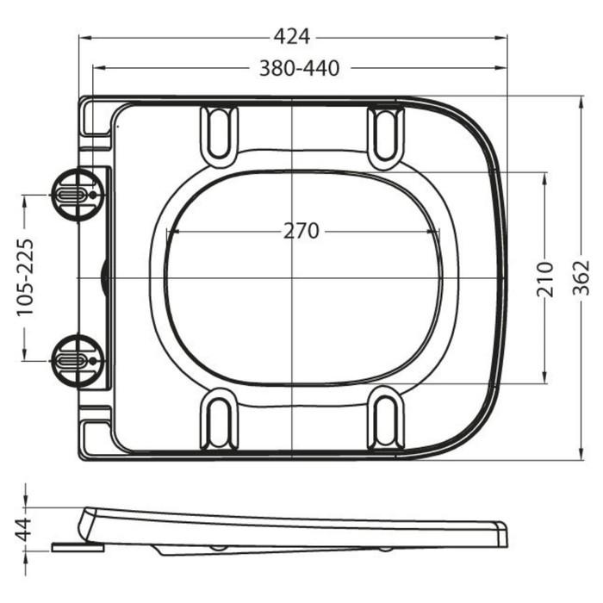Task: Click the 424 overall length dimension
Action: [x=291, y=37]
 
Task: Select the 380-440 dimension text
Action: [x=300, y=68]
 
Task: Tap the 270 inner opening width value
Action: [x=301, y=231]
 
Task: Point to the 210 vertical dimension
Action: [x=545, y=279]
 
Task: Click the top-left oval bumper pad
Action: [x=218, y=132]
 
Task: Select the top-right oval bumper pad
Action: [x=385, y=132]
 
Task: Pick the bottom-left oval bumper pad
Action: [x=218, y=420]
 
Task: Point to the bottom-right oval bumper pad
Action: [x=385, y=420]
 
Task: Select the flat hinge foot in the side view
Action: [x=77, y=545]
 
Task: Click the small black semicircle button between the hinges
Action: [x=104, y=277]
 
